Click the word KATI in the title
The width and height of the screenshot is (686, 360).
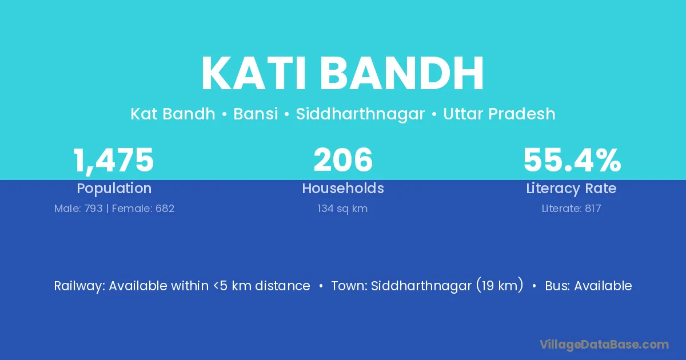[x=253, y=73]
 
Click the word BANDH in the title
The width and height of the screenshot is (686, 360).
[x=401, y=73]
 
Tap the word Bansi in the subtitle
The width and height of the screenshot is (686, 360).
[x=256, y=114]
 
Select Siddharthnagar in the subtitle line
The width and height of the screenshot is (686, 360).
[x=360, y=114]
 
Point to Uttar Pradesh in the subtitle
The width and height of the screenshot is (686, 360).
[x=499, y=114]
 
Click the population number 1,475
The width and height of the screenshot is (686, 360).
[x=113, y=161]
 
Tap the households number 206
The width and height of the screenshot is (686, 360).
[x=343, y=159]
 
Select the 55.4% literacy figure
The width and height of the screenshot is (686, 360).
[x=572, y=160]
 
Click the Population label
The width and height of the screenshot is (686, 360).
[x=114, y=189]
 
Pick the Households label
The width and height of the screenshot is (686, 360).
[x=343, y=188]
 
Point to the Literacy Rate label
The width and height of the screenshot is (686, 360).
[x=571, y=189]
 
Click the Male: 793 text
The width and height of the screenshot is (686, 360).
[x=78, y=209]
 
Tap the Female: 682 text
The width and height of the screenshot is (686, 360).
[x=143, y=209]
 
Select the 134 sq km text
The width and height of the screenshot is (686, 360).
[x=342, y=209]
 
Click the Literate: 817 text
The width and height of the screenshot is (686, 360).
[x=572, y=209]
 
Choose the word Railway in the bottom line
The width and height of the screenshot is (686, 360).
[x=79, y=286]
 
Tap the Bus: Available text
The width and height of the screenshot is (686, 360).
[x=588, y=286]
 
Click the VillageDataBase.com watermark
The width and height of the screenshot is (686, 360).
[x=604, y=345]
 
